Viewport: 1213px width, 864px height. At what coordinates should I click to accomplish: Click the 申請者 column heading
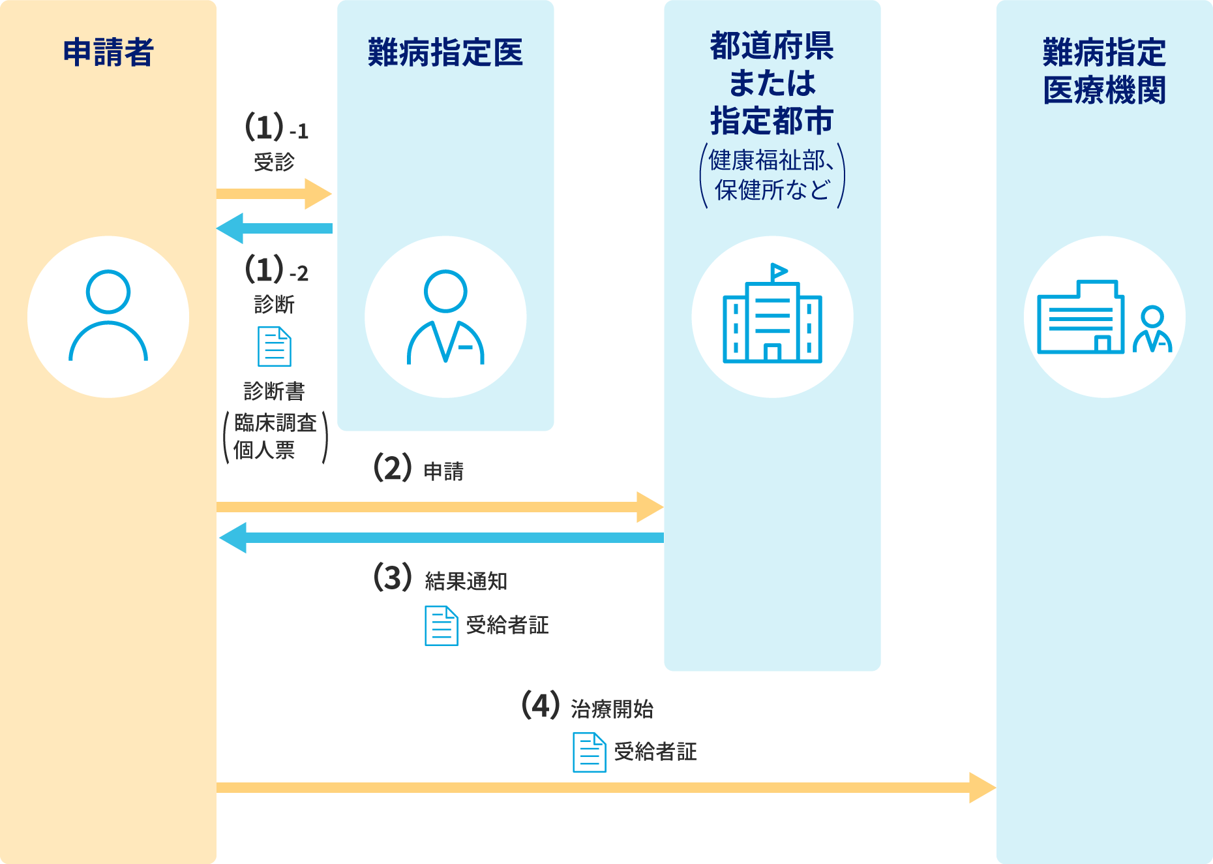[108, 52]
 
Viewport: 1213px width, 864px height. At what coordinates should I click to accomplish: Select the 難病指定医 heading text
[445, 52]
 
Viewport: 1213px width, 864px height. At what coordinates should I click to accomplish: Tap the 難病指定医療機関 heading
[1104, 71]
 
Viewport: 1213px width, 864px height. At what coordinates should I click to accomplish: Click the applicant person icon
[108, 316]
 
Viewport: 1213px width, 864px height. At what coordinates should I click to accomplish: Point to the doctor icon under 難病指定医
[445, 316]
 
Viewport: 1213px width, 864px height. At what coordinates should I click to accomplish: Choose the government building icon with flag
[772, 316]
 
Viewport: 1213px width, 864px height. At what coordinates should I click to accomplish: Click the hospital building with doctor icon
[1104, 317]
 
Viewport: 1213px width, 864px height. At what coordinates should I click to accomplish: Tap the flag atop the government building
[779, 271]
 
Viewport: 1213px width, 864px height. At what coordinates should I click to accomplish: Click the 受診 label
[275, 162]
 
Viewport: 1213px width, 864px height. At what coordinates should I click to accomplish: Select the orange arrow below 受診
[274, 194]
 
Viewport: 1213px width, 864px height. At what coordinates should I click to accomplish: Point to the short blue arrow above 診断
[274, 228]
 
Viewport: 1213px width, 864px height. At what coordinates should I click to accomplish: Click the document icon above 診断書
[275, 347]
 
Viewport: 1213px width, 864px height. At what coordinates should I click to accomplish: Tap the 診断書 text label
[275, 391]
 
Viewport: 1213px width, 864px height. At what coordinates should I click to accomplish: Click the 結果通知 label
[466, 581]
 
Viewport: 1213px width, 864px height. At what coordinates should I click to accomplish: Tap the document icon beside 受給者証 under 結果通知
[442, 626]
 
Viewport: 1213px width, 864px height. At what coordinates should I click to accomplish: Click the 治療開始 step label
[612, 708]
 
